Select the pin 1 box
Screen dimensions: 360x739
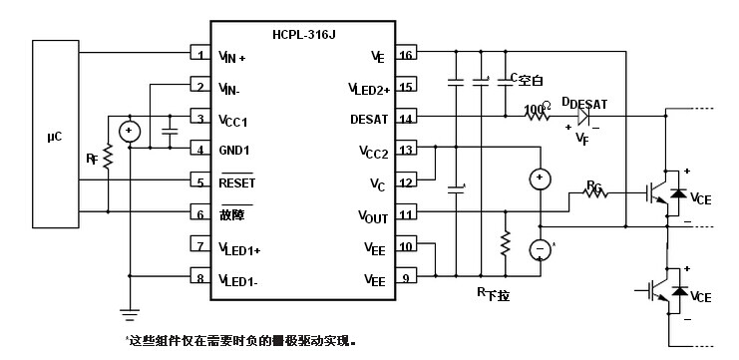pyautogui.click(x=200, y=56)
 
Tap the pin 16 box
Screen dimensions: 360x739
pyautogui.click(x=406, y=56)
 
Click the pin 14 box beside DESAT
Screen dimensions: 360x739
pyautogui.click(x=406, y=119)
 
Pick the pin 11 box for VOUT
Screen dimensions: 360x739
pyautogui.click(x=406, y=213)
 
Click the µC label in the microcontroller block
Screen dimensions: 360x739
pyautogui.click(x=54, y=136)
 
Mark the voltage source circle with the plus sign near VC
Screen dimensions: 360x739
pyautogui.click(x=540, y=179)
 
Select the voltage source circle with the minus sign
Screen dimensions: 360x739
pyautogui.click(x=540, y=248)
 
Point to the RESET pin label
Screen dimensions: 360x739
pyautogui.click(x=237, y=182)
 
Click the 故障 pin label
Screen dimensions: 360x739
pyautogui.click(x=231, y=213)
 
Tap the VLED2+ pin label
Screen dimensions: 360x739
pyautogui.click(x=368, y=88)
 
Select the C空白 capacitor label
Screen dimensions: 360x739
pyautogui.click(x=527, y=79)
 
